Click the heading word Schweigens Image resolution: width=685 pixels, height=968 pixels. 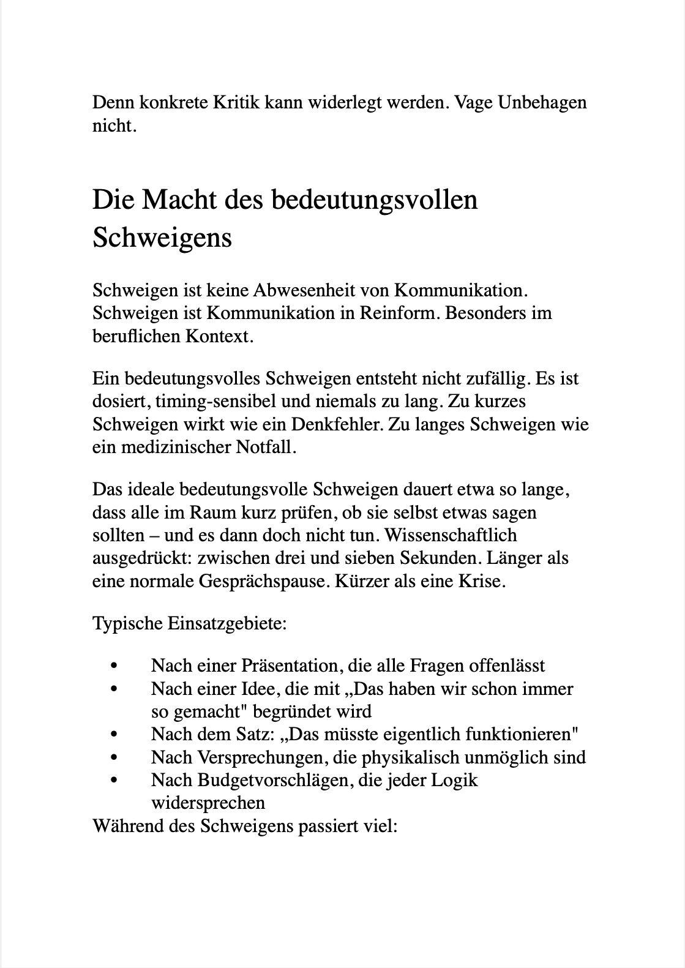point(162,238)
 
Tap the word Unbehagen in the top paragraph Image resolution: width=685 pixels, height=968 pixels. point(542,102)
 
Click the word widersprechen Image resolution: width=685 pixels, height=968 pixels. point(208,803)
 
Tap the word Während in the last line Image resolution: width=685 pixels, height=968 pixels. point(122,827)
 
